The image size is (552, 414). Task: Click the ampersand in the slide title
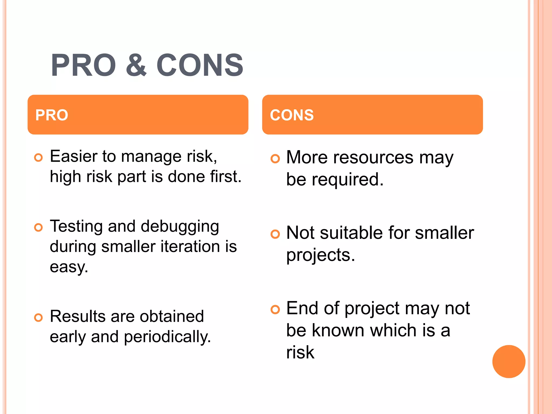(x=136, y=65)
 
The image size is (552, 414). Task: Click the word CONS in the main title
(x=200, y=65)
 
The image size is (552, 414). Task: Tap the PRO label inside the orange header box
(x=52, y=115)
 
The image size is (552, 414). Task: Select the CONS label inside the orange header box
(x=292, y=115)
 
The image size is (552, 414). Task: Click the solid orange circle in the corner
(x=509, y=361)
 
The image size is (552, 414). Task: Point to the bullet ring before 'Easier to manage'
(x=39, y=158)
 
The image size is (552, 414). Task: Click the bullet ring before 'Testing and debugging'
(x=39, y=227)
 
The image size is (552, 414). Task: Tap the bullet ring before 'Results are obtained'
(x=39, y=318)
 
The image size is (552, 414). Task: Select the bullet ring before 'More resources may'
(x=275, y=159)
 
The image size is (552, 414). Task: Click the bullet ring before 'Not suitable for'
(x=275, y=234)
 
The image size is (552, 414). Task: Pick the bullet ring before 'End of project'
(x=275, y=309)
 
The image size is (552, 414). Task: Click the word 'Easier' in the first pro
(x=74, y=156)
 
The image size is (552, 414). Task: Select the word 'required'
(x=347, y=180)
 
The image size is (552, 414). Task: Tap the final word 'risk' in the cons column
(x=300, y=353)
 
